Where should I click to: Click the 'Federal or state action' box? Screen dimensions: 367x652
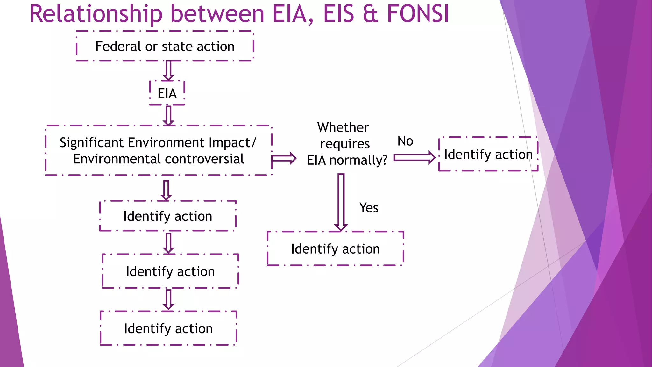pos(165,47)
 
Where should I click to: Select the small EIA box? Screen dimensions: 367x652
pos(167,93)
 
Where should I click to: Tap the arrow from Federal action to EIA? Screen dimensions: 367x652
pos(168,70)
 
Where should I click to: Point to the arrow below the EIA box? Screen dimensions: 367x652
pos(168,116)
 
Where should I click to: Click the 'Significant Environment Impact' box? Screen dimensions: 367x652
pos(158,150)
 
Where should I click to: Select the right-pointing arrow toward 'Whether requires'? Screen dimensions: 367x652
pos(284,158)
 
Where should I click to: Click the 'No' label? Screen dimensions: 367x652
pos(405,141)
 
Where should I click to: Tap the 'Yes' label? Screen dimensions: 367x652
pos(369,208)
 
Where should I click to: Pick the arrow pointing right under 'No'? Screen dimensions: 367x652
pos(414,157)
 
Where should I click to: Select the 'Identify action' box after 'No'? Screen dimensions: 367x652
pos(488,154)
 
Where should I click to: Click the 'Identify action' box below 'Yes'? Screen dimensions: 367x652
pos(335,249)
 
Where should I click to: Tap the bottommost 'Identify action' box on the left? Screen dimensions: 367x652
pos(168,328)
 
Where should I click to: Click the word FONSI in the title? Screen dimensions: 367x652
pos(418,14)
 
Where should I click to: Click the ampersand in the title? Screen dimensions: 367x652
pos(370,14)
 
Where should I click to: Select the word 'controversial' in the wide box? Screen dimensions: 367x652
pos(204,159)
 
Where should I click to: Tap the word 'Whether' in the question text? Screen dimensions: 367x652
pos(343,127)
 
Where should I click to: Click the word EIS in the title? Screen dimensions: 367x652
pos(339,14)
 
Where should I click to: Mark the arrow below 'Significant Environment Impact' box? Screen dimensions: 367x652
pos(166,190)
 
